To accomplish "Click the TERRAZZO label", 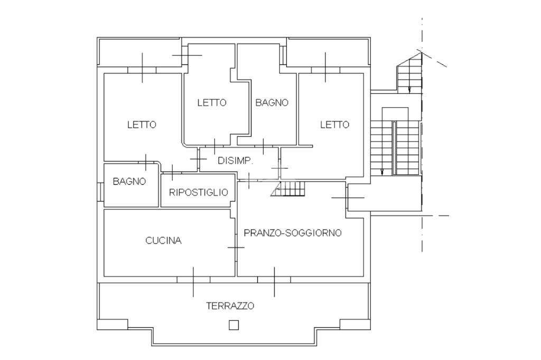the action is (230, 306).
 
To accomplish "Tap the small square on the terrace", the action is (234, 325).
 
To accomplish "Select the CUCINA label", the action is (163, 241).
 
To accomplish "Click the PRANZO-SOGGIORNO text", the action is (292, 233).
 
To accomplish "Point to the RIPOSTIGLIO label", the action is (199, 192).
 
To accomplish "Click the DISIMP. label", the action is (236, 160).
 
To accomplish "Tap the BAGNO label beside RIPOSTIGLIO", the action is (129, 181).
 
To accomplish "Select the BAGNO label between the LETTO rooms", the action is (272, 102).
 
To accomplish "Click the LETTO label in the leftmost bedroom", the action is (142, 125).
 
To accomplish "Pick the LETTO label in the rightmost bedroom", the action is (334, 125).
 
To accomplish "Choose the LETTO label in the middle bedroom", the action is (212, 102).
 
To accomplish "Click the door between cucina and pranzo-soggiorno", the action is (236, 247).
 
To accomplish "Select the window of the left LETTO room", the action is (143, 70).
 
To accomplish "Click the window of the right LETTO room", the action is (325, 70).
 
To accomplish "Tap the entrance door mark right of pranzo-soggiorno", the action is (348, 197).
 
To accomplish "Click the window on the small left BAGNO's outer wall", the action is (100, 191).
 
